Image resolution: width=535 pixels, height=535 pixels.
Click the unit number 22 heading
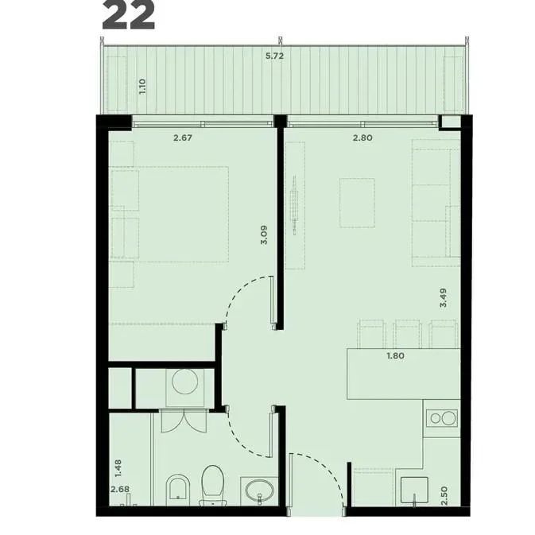(x=128, y=14)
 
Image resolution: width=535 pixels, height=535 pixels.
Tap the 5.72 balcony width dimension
(x=275, y=56)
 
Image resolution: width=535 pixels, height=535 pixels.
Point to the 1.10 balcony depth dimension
(x=142, y=87)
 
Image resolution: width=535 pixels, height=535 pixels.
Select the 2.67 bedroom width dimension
(x=183, y=138)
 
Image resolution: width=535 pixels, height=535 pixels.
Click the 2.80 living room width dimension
(x=362, y=138)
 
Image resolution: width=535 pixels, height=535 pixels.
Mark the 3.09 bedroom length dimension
(x=264, y=235)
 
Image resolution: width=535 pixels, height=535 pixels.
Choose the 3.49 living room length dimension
(x=444, y=298)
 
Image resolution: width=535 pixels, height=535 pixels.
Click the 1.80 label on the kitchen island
(x=395, y=355)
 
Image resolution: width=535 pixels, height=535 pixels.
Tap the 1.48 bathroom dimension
(x=118, y=468)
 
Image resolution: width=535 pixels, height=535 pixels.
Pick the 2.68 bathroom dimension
(x=120, y=489)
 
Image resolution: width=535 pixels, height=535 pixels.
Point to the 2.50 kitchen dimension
(x=444, y=496)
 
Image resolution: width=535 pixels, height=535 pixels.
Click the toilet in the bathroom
(x=212, y=485)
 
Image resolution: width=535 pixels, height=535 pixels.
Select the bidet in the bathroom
(x=178, y=490)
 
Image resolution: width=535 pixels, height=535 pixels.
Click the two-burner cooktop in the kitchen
(x=443, y=417)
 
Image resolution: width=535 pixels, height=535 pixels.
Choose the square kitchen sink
(x=414, y=490)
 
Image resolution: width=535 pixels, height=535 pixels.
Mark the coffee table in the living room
(x=357, y=203)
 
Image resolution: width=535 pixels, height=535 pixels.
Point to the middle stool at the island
(x=407, y=334)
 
